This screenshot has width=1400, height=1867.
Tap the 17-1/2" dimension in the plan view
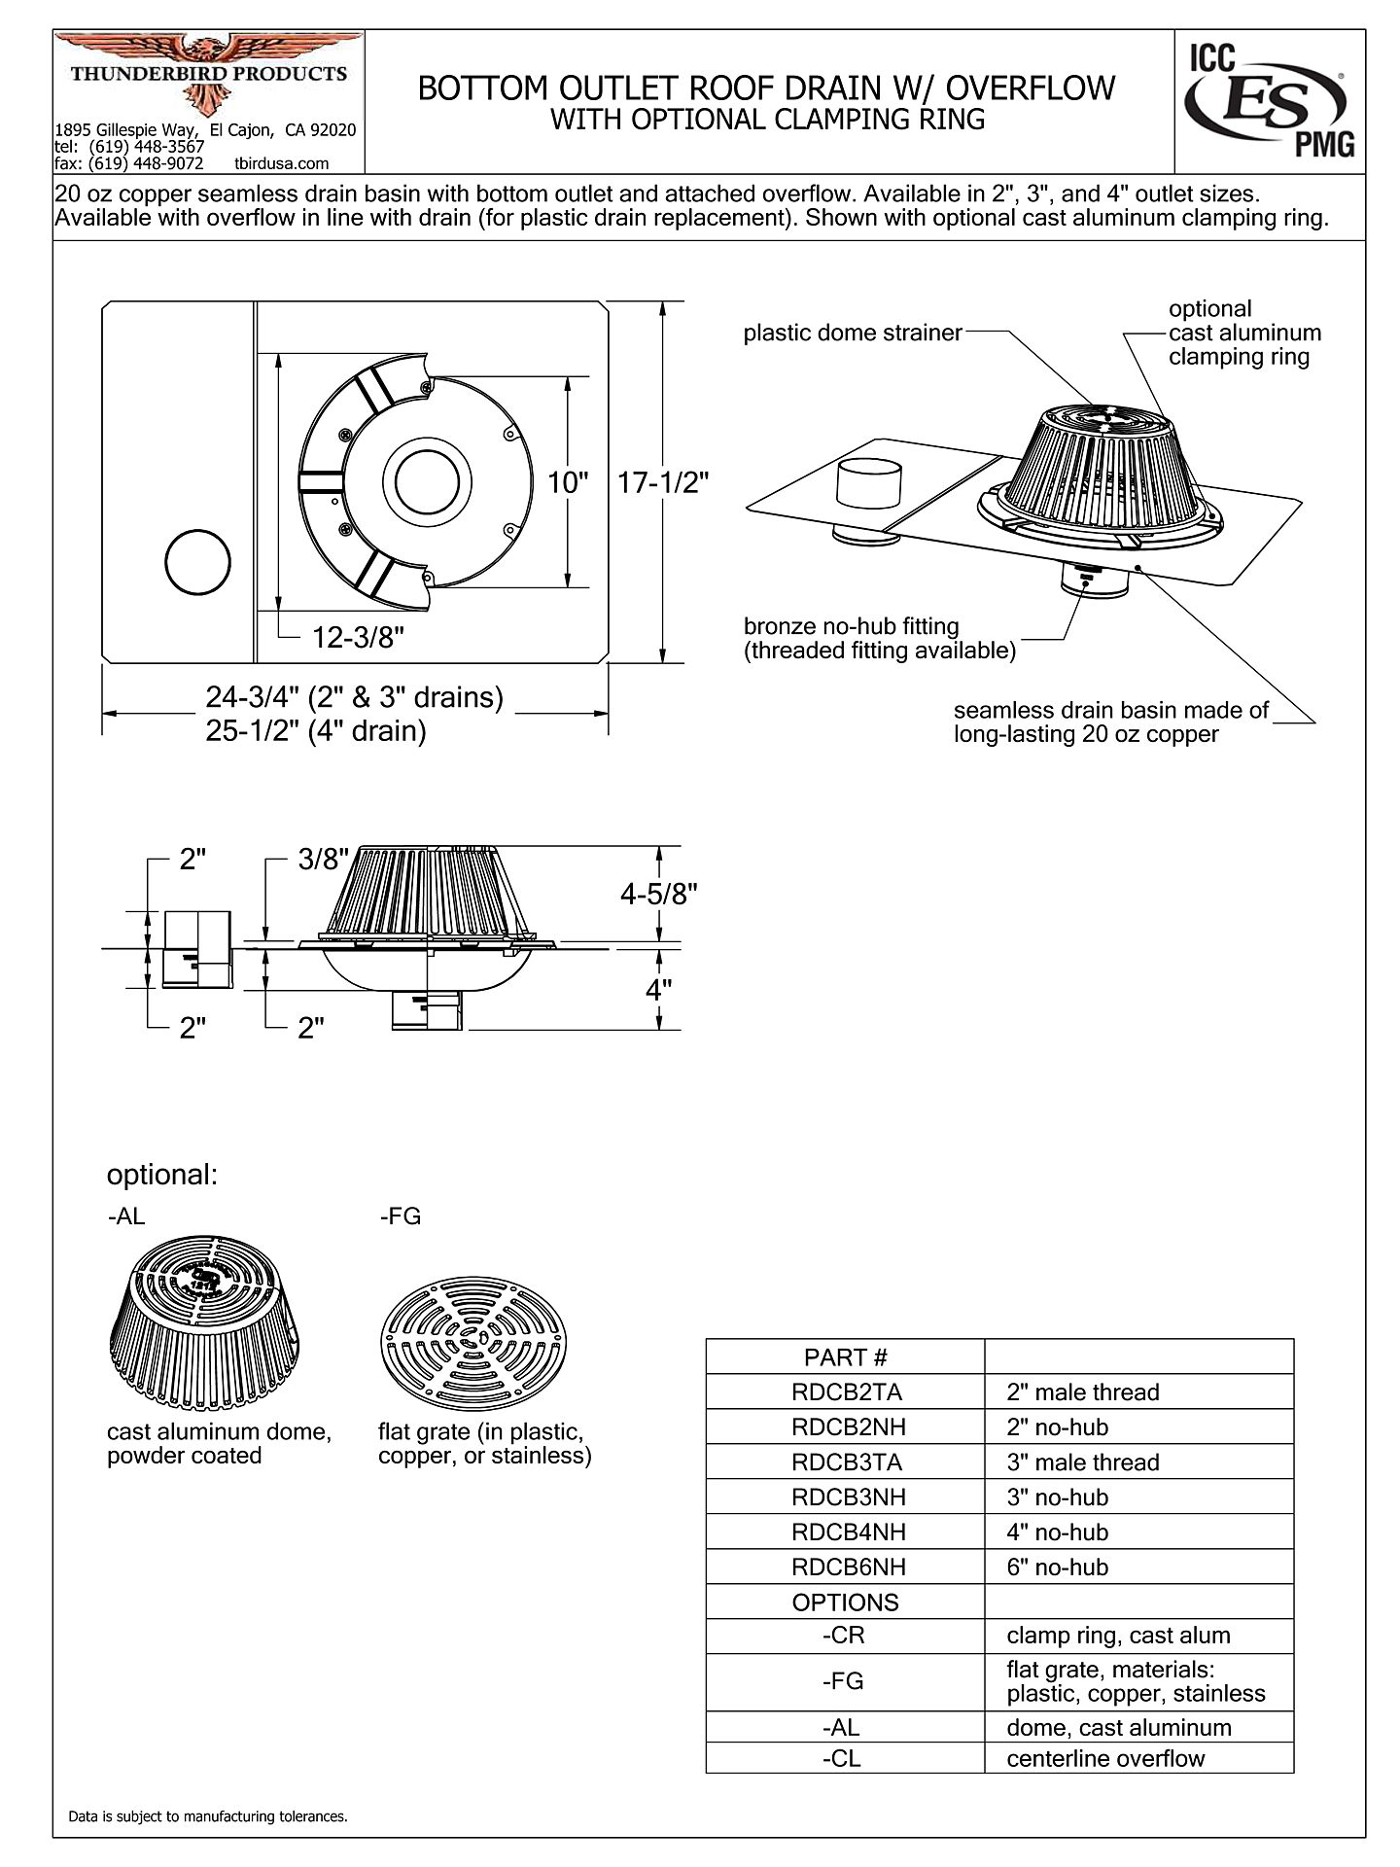pyautogui.click(x=664, y=482)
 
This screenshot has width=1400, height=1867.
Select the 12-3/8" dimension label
pyautogui.click(x=358, y=638)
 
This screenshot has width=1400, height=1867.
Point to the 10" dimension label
pyautogui.click(x=569, y=482)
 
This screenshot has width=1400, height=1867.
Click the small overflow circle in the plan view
pyautogui.click(x=198, y=562)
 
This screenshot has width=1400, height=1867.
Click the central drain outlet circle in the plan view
pyautogui.click(x=427, y=482)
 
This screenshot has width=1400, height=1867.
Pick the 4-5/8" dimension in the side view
pyautogui.click(x=660, y=894)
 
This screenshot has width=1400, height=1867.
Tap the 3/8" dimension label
pyautogui.click(x=323, y=860)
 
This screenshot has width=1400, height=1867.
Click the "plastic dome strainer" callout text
pyautogui.click(x=852, y=333)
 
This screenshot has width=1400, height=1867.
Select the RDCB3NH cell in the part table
pyautogui.click(x=848, y=1497)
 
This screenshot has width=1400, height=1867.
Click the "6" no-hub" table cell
pyautogui.click(x=1057, y=1567)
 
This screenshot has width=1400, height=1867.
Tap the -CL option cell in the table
pyautogui.click(x=842, y=1758)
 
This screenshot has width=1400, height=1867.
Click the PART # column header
pyautogui.click(x=845, y=1357)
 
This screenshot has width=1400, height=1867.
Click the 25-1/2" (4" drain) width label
pyautogui.click(x=316, y=731)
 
